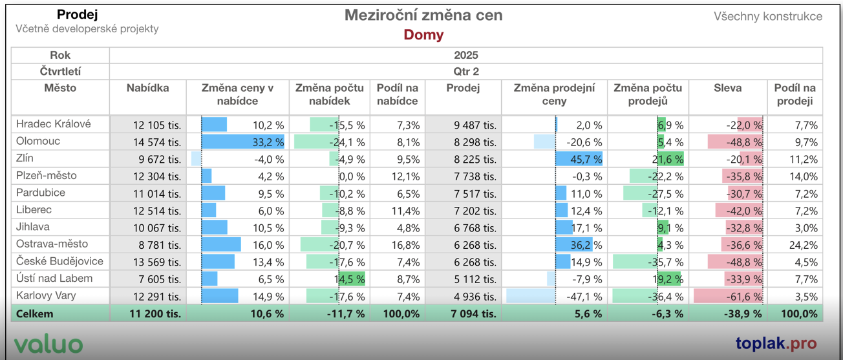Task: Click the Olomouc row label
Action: (x=38, y=141)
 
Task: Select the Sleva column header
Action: (x=727, y=88)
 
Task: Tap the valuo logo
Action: (x=48, y=344)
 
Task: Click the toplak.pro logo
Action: (x=776, y=343)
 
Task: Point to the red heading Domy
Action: (x=423, y=35)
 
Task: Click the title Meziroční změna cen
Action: (x=423, y=16)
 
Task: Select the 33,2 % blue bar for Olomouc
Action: (x=243, y=142)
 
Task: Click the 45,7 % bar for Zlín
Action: (x=579, y=159)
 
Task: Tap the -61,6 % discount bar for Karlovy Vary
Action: (x=728, y=296)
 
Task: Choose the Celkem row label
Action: (x=36, y=313)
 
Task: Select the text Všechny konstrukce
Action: (x=768, y=16)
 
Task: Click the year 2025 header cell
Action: (x=465, y=55)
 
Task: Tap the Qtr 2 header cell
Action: (x=465, y=72)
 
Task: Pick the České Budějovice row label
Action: (x=59, y=261)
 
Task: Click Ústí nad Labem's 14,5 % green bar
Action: (x=351, y=279)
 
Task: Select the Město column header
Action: (x=60, y=88)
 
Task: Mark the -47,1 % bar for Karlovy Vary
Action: (x=531, y=296)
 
